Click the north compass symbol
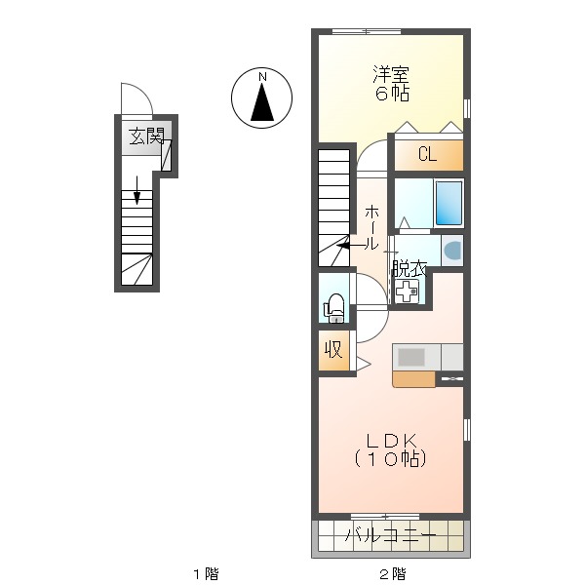[262, 98]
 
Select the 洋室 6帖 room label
[391, 83]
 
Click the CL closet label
[427, 154]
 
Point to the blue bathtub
[448, 202]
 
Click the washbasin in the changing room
[452, 251]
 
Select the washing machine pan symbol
[406, 291]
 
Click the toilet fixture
[333, 307]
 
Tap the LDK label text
[391, 439]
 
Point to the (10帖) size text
[391, 458]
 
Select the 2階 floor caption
[391, 573]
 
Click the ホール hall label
[372, 228]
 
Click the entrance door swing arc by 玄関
[135, 98]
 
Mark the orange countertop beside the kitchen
[413, 379]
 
